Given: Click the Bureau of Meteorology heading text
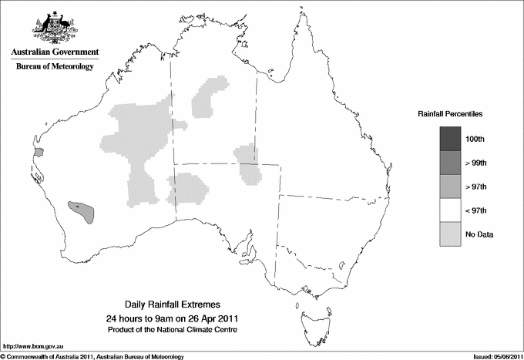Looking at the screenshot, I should click(x=54, y=67).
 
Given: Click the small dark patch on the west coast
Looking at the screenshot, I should click(x=39, y=152).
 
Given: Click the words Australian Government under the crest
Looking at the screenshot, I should click(x=52, y=52).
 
